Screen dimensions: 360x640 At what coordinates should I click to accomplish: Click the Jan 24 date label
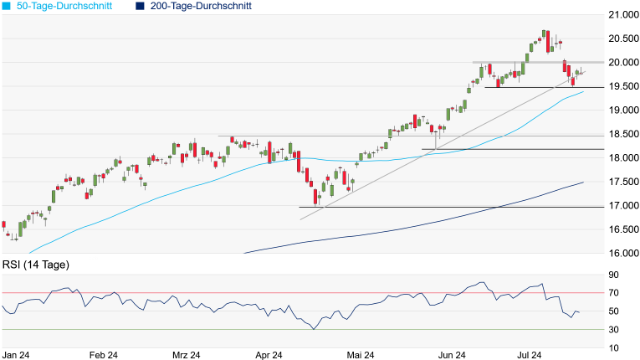[x=17, y=355]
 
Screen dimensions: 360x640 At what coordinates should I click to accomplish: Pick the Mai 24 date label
[x=361, y=355]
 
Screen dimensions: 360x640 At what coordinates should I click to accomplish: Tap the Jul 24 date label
[x=535, y=355]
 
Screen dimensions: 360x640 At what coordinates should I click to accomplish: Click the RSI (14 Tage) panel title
[x=36, y=265]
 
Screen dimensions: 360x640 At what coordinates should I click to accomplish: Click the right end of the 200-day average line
[x=582, y=183]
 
